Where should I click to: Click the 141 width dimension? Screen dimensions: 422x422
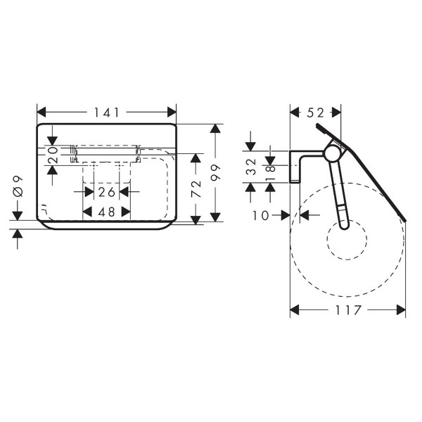point(106,113)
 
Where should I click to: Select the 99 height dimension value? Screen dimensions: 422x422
point(216,173)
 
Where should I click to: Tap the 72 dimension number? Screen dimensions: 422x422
point(196,189)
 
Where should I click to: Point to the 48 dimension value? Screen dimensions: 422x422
point(107,212)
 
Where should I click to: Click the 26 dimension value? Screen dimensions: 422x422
point(107,192)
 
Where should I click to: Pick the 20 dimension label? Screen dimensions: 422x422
point(53,155)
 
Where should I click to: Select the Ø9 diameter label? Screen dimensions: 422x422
point(18,186)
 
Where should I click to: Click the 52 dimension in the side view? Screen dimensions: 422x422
point(315,113)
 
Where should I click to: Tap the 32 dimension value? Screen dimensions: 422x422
point(251,167)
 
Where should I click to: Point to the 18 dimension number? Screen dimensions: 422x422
point(270,173)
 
